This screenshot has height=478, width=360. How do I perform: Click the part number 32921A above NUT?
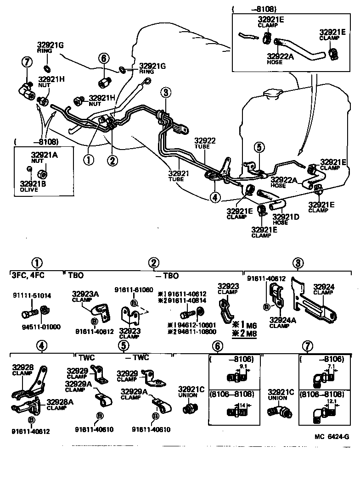pyautogui.click(x=44, y=155)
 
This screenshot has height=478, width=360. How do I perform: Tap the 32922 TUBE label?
pyautogui.click(x=204, y=143)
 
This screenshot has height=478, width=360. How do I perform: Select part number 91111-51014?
pyautogui.click(x=32, y=296)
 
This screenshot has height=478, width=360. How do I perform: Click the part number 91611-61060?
pyautogui.click(x=134, y=290)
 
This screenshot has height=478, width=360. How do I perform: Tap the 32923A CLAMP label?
pyautogui.click(x=85, y=296)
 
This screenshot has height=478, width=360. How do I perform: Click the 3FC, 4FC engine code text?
pyautogui.click(x=28, y=276)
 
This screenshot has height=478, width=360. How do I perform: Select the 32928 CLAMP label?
pyautogui.click(x=22, y=370)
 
